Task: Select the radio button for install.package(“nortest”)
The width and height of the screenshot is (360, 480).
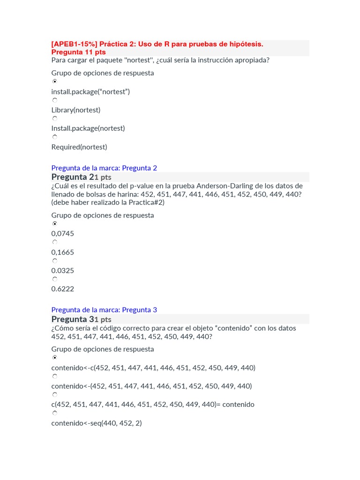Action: coord(55,82)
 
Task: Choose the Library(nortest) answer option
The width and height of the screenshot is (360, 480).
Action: coord(75,110)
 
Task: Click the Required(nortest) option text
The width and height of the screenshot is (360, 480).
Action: coord(79,147)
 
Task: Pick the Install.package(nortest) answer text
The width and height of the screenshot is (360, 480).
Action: coord(88,128)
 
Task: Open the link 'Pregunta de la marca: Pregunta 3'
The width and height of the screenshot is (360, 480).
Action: coord(104,310)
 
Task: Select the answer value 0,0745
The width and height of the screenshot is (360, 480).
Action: coord(62,234)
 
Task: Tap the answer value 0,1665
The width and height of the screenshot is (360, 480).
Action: coord(62,252)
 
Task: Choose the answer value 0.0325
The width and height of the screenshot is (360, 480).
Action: coord(62,270)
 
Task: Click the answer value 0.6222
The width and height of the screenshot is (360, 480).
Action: coord(62,289)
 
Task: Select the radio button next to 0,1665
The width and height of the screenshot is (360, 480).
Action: coord(55,242)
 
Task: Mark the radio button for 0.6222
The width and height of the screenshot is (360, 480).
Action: coord(55,279)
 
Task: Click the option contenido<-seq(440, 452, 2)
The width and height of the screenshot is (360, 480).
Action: coord(96,423)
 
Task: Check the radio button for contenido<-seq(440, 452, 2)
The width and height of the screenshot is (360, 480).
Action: coord(55,413)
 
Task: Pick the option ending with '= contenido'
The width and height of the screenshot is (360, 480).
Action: coord(152,405)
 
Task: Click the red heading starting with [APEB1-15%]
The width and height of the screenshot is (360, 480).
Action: coord(157,44)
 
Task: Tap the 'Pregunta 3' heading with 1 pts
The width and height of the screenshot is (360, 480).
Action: coord(81,319)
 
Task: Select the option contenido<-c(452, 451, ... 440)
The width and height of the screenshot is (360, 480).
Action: coord(153,368)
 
